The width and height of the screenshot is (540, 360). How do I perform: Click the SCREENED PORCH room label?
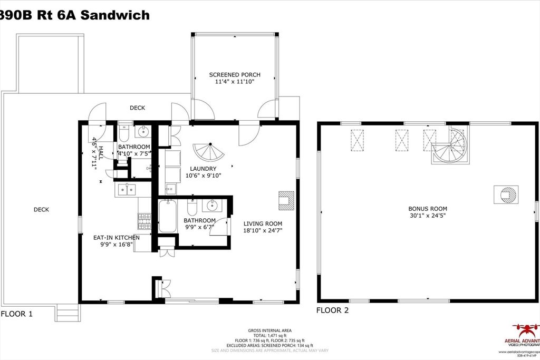[235, 75]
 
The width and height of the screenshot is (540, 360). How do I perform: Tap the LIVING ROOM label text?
[263, 223]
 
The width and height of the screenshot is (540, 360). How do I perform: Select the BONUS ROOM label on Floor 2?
[428, 209]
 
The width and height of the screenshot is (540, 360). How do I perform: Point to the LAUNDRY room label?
[203, 169]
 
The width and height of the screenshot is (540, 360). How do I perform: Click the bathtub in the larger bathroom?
[168, 216]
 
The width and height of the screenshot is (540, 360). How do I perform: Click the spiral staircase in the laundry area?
[209, 153]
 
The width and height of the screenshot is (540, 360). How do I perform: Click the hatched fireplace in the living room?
[285, 199]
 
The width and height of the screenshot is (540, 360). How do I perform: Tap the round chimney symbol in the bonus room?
[506, 194]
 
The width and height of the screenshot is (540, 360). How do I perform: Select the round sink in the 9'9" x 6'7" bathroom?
[213, 205]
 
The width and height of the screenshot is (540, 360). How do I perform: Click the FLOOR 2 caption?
[332, 310]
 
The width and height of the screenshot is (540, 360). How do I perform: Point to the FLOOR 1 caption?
[17, 314]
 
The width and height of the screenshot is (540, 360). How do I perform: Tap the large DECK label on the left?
[41, 209]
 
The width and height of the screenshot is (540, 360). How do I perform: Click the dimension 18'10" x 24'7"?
[263, 230]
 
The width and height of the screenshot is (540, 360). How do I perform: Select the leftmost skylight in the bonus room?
[358, 140]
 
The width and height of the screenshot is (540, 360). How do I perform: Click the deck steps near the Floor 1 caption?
[67, 314]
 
